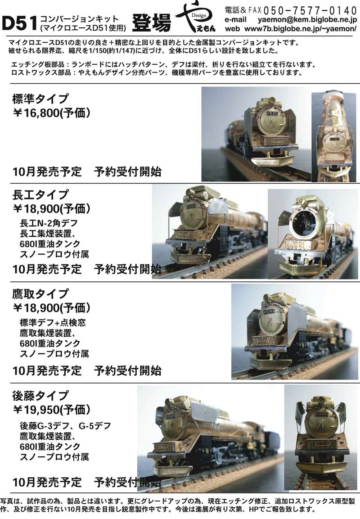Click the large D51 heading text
(x=19, y=23)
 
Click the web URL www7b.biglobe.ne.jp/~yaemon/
(x=301, y=29)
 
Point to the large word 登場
(x=152, y=23)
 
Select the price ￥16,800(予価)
(x=51, y=113)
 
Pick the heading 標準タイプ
(x=40, y=99)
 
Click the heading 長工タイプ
(x=40, y=194)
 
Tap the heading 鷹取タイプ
(x=40, y=293)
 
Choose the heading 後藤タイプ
(x=40, y=396)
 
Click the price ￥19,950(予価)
(x=51, y=410)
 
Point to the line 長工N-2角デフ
(x=49, y=223)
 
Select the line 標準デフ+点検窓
(x=53, y=322)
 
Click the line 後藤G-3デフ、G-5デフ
(x=65, y=425)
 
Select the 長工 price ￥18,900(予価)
(x=51, y=208)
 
